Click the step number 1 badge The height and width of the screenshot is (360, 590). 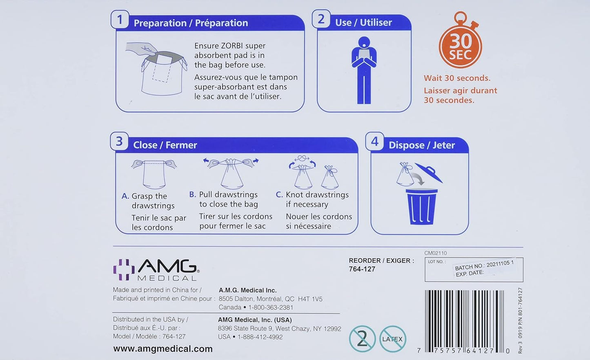120,20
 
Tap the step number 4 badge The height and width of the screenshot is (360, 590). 374,141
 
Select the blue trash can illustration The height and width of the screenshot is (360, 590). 421,207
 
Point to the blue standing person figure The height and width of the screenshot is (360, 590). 364,70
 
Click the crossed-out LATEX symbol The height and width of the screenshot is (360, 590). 392,339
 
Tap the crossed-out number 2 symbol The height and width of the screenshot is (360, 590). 363,339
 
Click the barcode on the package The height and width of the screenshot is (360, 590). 464,322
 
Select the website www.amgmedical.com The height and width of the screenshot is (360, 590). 163,349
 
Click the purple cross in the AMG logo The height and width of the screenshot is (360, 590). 124,270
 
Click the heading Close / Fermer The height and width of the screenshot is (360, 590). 165,145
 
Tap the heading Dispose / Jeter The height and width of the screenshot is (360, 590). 422,145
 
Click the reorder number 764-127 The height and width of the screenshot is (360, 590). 362,269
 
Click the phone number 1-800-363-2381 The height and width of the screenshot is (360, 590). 271,307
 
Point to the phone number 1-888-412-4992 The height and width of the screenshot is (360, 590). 260,337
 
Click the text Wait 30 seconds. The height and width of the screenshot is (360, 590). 457,78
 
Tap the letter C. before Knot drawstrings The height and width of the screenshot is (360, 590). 279,195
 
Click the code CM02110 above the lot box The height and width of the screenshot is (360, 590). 436,253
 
